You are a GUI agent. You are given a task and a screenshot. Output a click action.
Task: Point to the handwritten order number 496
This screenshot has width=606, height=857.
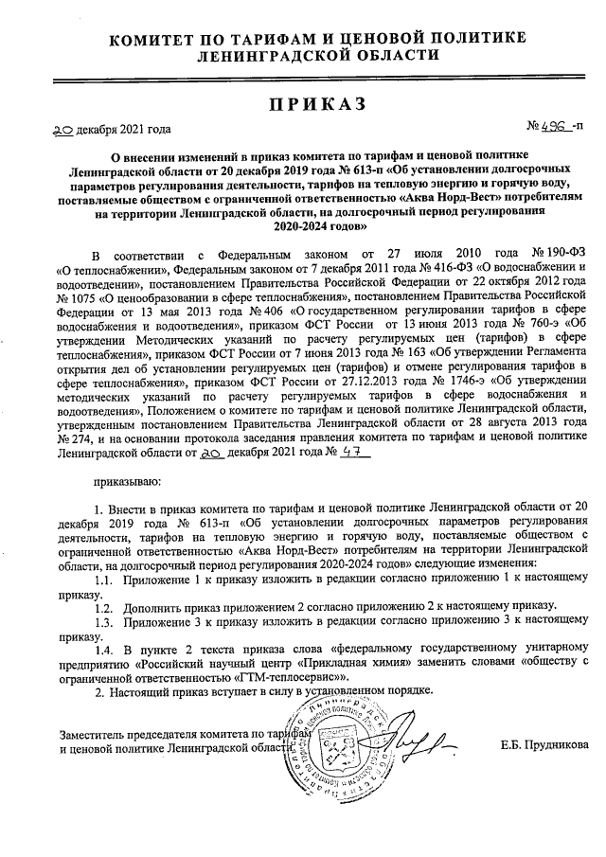(553, 126)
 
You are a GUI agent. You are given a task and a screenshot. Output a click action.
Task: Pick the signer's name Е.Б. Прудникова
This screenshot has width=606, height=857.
(544, 744)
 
